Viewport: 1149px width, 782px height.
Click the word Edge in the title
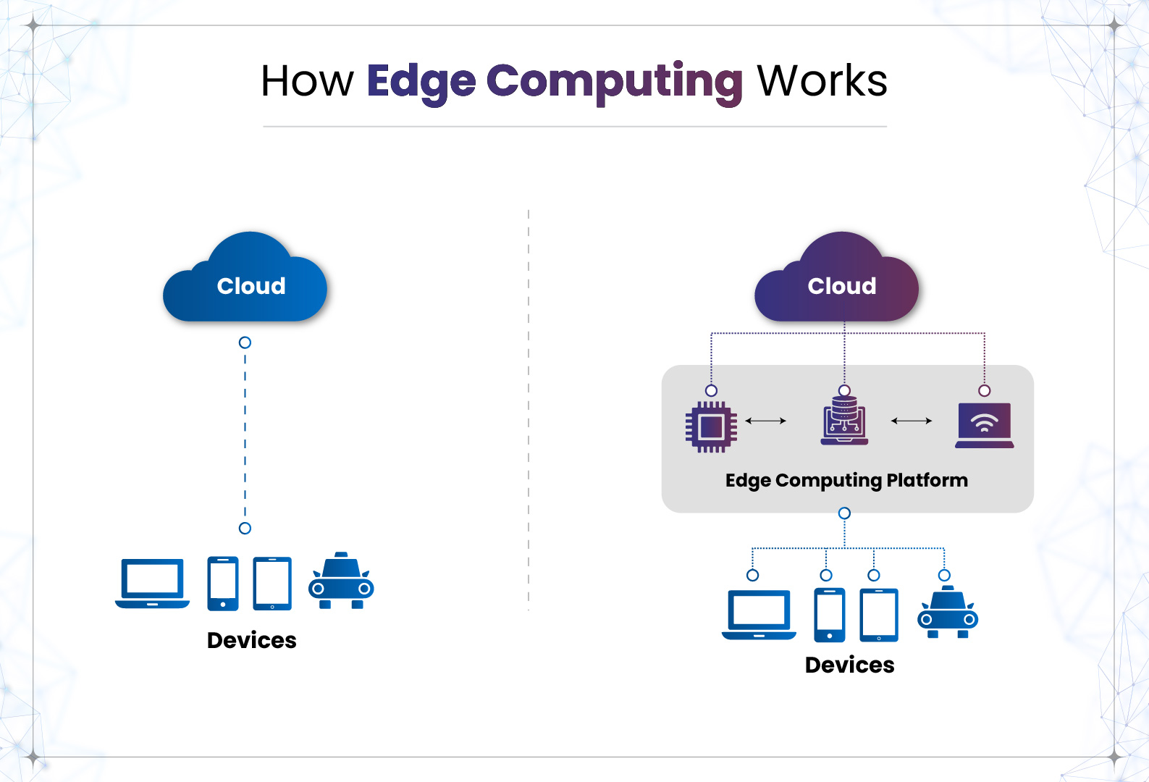tap(421, 81)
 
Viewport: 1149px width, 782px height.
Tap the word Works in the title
tap(822, 81)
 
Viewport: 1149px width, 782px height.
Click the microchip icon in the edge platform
tap(711, 427)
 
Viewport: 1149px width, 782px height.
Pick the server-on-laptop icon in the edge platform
tap(844, 424)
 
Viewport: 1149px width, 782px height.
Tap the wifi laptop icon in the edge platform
tap(984, 425)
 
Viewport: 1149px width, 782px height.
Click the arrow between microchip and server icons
tap(765, 421)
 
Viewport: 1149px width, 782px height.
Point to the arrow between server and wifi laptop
tap(912, 421)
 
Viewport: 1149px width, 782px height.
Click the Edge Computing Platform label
tap(846, 481)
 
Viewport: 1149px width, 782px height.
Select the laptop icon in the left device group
tap(152, 584)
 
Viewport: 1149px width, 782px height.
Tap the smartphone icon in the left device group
tap(223, 584)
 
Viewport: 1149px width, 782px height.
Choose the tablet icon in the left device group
tap(272, 584)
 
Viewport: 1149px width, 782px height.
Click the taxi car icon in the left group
tap(341, 582)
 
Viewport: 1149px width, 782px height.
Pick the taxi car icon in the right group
tap(948, 613)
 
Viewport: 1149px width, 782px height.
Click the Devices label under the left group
tap(251, 640)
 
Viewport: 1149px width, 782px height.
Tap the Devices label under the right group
tap(849, 665)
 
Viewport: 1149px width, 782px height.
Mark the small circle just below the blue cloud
tap(245, 342)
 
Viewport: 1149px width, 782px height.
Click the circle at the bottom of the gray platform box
tap(844, 513)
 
